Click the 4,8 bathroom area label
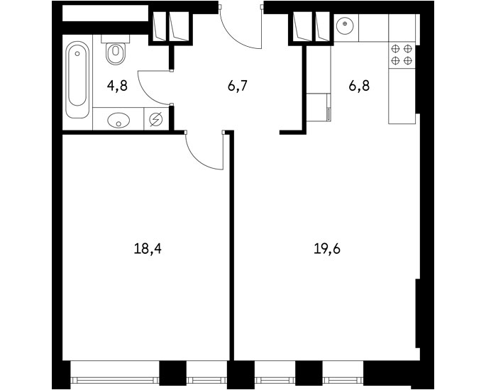(117, 85)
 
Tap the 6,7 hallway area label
(238, 85)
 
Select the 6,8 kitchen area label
(359, 85)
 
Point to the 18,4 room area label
(148, 248)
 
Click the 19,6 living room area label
(327, 248)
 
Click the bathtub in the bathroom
(77, 79)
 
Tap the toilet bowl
(116, 53)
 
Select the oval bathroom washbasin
(118, 120)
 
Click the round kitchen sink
(345, 23)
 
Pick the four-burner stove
(402, 55)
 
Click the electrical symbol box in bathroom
(156, 119)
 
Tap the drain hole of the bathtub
(77, 54)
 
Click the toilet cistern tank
(116, 38)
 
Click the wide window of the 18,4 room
(115, 380)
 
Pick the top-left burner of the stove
(395, 49)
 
